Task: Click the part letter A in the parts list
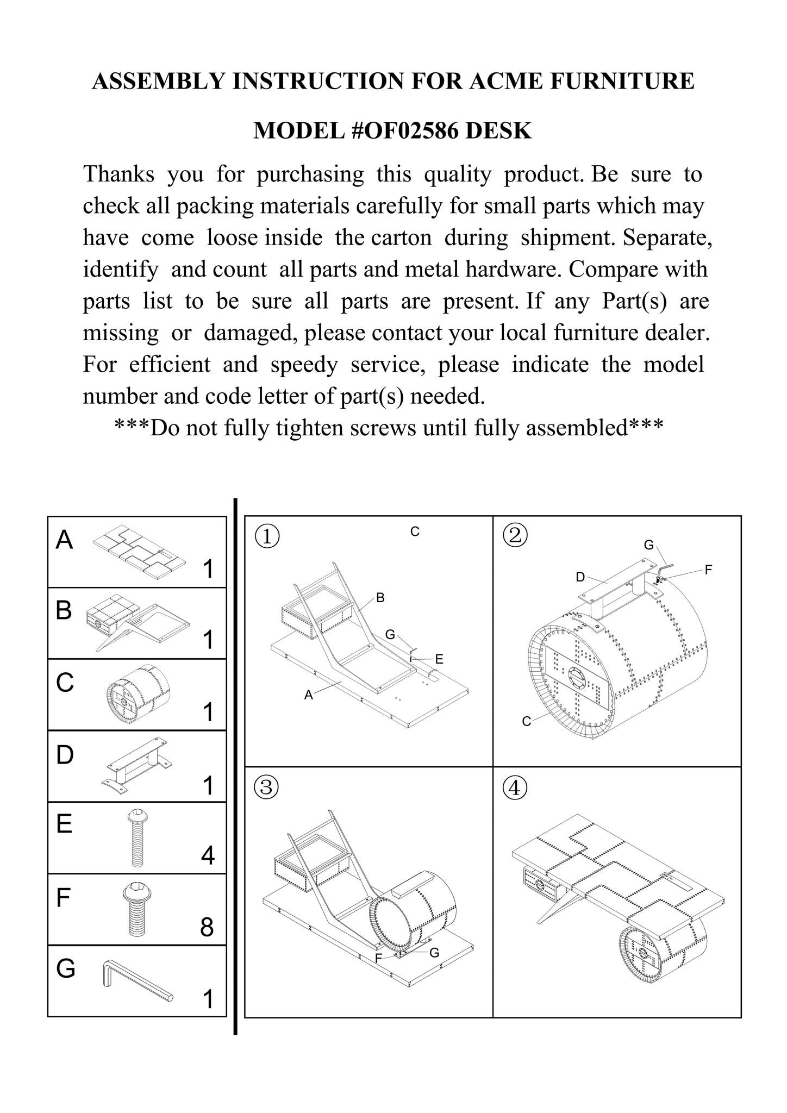tap(64, 540)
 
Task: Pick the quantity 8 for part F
tap(207, 927)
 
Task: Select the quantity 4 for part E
tap(208, 855)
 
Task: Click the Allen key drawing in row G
tap(136, 981)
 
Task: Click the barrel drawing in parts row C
tap(138, 694)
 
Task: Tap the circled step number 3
tap(267, 787)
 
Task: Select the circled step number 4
tap(515, 787)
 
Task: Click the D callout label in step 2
tap(580, 577)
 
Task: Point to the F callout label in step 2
tap(708, 570)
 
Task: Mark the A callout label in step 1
tap(308, 695)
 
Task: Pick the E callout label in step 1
tap(439, 659)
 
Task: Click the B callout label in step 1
tap(380, 598)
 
